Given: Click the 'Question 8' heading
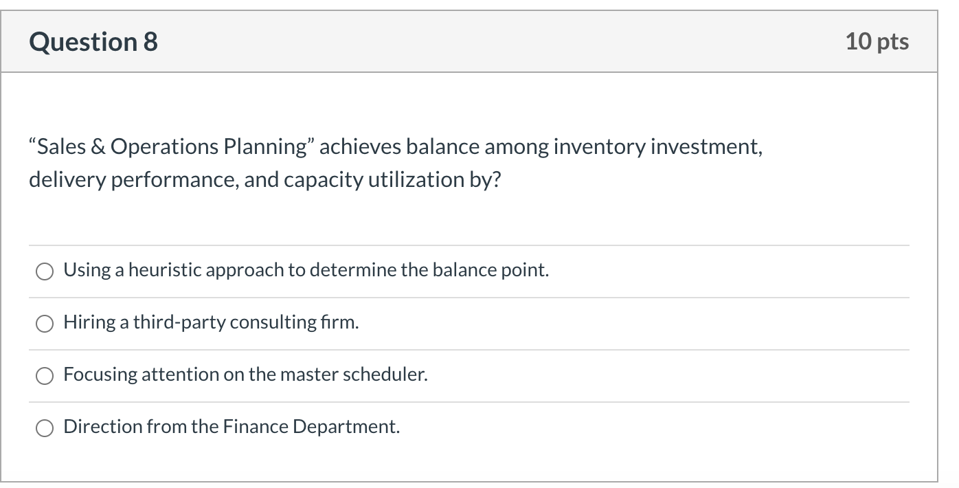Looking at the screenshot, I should tap(93, 42).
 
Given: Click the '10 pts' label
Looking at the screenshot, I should tap(877, 42).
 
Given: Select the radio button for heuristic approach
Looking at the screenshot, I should tap(45, 271).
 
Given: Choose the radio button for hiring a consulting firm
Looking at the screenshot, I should tap(45, 323).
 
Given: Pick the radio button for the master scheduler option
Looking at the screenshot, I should tap(45, 375).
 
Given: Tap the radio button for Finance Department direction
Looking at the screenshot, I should tap(45, 428).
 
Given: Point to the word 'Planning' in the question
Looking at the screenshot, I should tap(267, 147).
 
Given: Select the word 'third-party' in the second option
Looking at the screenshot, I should tap(179, 322).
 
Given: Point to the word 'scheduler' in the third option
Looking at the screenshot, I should tap(385, 375).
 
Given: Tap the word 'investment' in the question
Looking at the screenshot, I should tap(706, 147).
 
